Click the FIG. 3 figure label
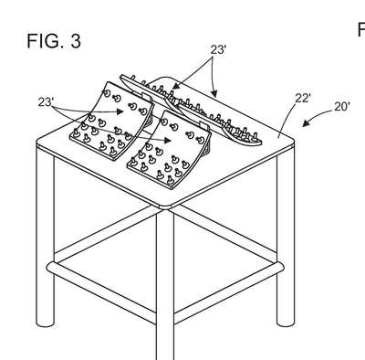54,41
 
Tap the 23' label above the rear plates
218,49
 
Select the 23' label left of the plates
46,102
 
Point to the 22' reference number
303,98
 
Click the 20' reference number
342,107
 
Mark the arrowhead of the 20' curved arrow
305,123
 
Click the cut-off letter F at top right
361,29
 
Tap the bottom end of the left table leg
45,323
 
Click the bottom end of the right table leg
286,323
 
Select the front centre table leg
165,284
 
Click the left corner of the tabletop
38,143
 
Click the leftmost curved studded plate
112,121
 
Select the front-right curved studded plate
169,149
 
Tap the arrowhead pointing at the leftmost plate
120,112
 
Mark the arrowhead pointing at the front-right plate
167,140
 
